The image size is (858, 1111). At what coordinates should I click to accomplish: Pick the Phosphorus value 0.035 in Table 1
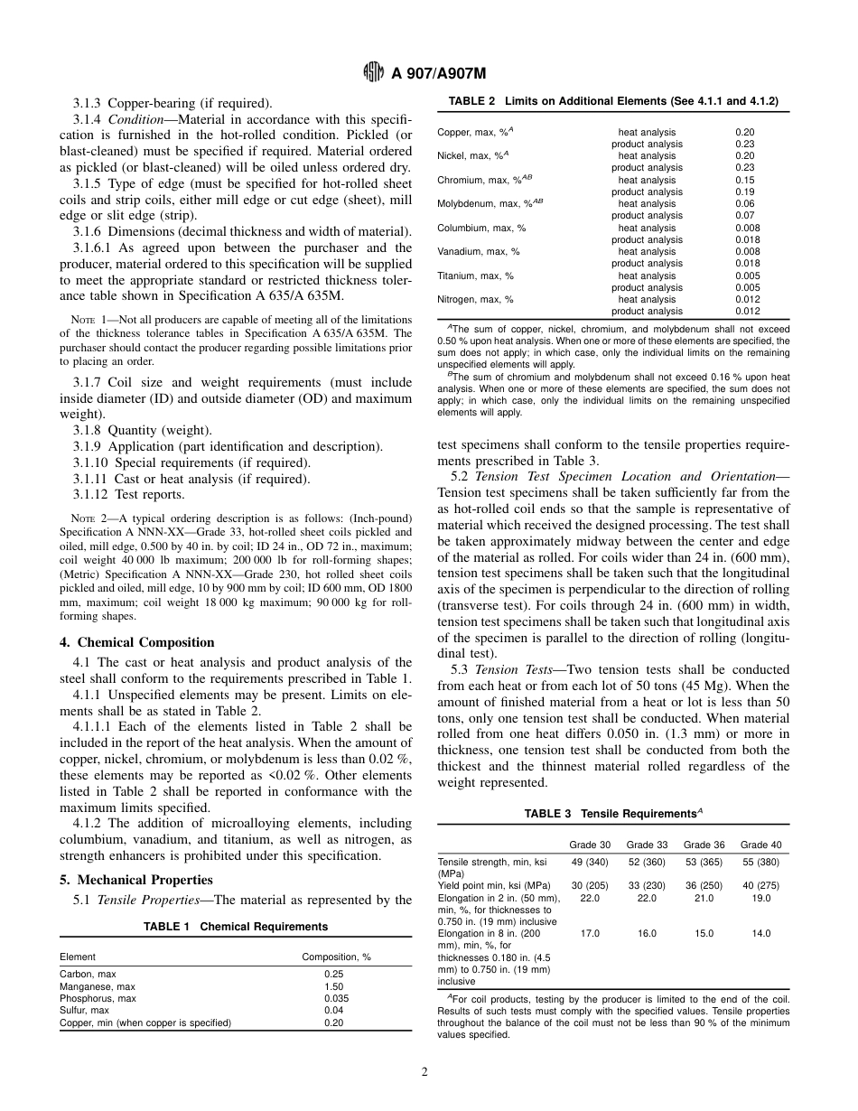pyautogui.click(x=335, y=998)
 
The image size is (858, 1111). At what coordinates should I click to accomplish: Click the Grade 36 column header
pyautogui.click(x=704, y=845)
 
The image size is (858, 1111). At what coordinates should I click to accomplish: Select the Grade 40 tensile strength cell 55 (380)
pyautogui.click(x=761, y=862)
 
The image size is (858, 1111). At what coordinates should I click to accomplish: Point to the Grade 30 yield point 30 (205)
pyautogui.click(x=589, y=886)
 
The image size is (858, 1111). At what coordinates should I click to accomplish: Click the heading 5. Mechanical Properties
pyautogui.click(x=136, y=879)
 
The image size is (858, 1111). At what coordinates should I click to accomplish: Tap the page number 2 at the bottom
pyautogui.click(x=424, y=1072)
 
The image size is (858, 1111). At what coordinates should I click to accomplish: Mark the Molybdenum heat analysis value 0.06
pyautogui.click(x=744, y=203)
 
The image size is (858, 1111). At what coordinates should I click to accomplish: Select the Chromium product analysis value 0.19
pyautogui.click(x=744, y=191)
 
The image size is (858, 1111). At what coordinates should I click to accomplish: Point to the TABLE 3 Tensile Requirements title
pyautogui.click(x=613, y=814)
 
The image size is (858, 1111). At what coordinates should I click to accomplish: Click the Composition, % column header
pyautogui.click(x=336, y=957)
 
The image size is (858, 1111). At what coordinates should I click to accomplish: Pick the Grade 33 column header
pyautogui.click(x=647, y=845)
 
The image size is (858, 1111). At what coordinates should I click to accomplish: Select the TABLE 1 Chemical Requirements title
pyautogui.click(x=236, y=927)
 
